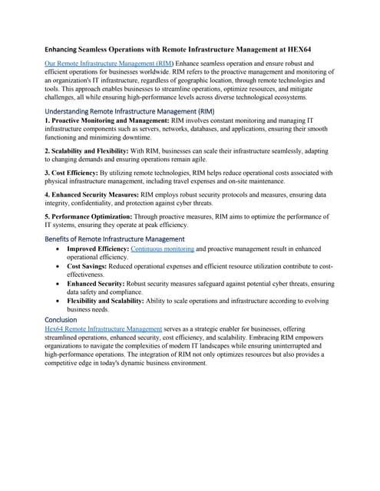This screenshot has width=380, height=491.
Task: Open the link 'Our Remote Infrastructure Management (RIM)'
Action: click(x=109, y=62)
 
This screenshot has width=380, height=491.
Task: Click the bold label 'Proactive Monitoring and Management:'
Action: click(x=97, y=120)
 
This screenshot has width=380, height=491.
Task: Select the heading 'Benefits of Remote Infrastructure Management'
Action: click(x=114, y=239)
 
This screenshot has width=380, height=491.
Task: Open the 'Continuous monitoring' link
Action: click(x=163, y=249)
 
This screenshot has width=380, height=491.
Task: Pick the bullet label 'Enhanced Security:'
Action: click(x=94, y=283)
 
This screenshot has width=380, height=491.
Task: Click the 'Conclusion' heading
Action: click(x=61, y=319)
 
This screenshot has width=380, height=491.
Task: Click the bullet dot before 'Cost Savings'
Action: click(x=58, y=265)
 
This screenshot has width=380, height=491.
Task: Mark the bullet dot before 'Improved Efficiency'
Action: click(x=58, y=250)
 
